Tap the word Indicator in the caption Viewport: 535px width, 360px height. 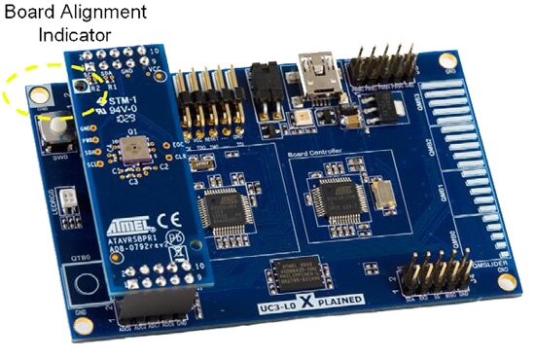(x=76, y=35)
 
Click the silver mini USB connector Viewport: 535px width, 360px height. (x=320, y=79)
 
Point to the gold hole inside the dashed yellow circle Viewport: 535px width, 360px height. (x=40, y=95)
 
